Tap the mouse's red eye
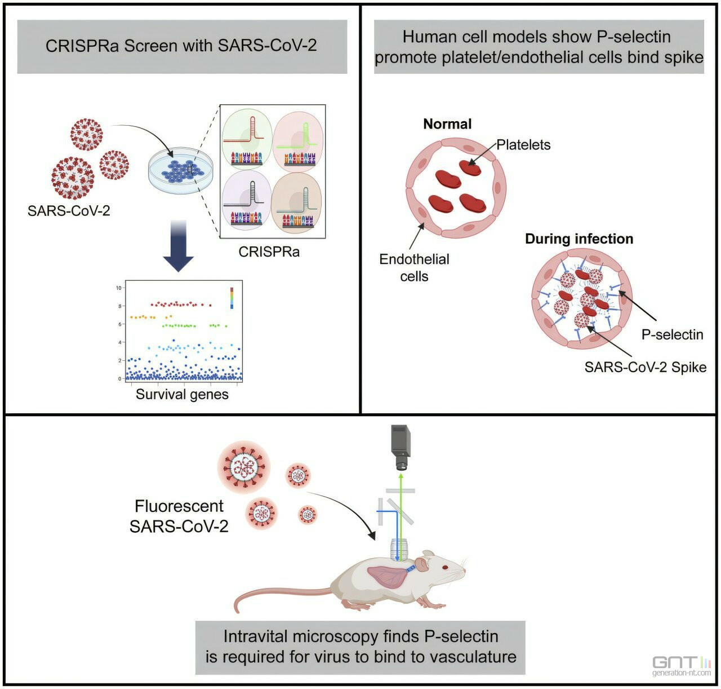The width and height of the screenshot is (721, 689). pos(445,567)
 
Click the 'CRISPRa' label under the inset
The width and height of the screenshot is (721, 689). pos(269,252)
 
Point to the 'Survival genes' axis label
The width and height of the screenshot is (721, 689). pos(182,394)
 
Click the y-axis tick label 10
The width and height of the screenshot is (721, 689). pos(119,288)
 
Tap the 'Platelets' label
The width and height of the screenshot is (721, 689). pos(523,145)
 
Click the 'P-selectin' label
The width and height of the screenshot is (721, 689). pos(672,334)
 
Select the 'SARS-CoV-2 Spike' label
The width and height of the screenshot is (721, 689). pos(645,367)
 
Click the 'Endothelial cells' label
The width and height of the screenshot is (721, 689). pos(414,268)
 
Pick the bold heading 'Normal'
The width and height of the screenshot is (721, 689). pos(447,124)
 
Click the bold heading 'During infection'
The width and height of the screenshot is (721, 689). pos(579,239)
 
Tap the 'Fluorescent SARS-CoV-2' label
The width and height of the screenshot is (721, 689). pos(179,516)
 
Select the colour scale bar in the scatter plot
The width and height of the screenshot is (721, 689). pos(232,298)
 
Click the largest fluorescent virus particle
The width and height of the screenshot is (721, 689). pos(244,467)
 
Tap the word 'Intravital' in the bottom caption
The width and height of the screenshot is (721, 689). pos(257,637)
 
